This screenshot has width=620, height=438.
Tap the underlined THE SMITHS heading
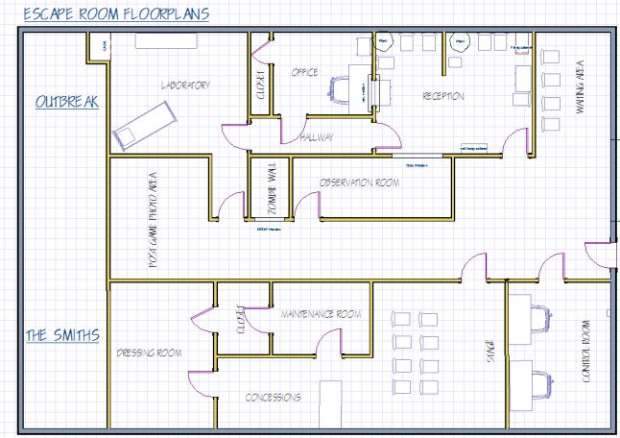pos(62,335)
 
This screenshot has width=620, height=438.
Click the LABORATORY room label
pos(185,85)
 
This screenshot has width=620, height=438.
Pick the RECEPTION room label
pos(443,96)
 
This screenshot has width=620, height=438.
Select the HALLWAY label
pos(317,137)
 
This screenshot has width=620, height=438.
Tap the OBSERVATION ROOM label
pos(359,182)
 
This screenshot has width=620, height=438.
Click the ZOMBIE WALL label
pos(272,191)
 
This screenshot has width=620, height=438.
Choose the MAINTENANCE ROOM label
pos(321,314)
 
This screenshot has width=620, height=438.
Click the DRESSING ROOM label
pos(150,353)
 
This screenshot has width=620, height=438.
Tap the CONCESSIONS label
pos(274,397)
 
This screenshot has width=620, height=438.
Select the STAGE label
pos(490,352)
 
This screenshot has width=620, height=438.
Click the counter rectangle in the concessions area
pos(330,402)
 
